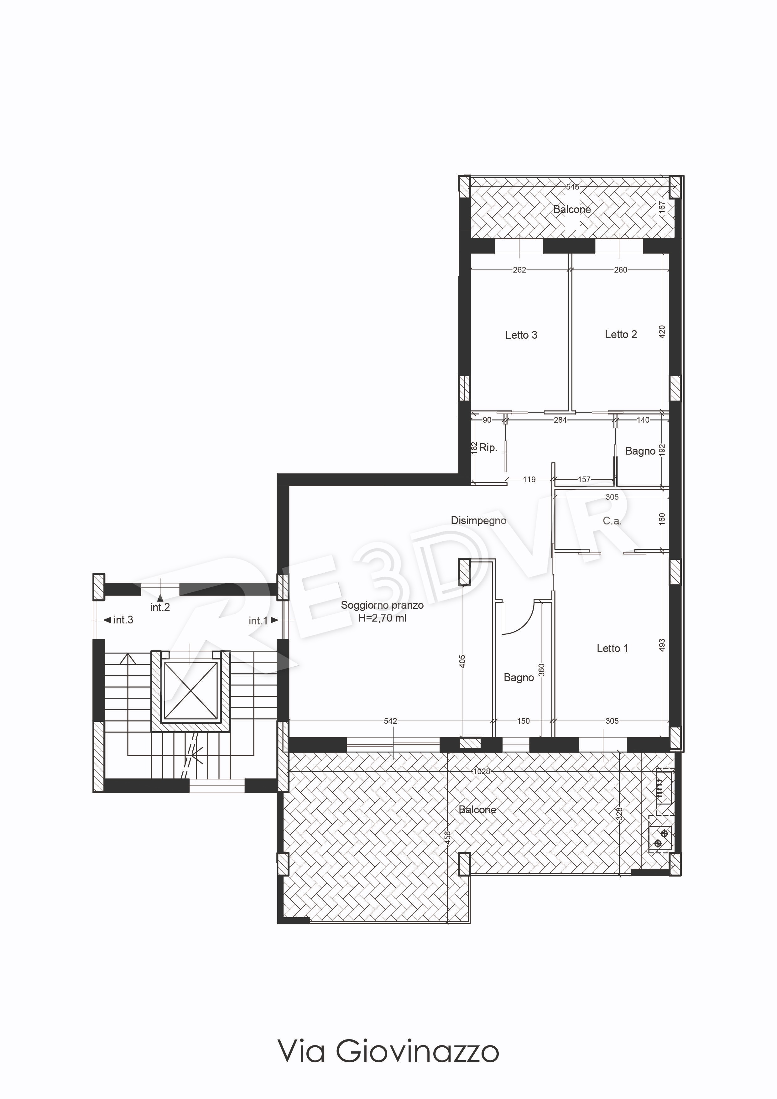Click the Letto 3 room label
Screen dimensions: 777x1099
(x=521, y=335)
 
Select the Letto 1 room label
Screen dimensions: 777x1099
(x=612, y=648)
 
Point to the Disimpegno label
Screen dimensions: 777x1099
(x=478, y=521)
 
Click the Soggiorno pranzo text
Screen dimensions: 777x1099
(x=382, y=605)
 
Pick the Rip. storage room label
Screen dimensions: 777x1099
(x=488, y=448)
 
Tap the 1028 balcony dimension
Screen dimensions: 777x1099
(x=482, y=771)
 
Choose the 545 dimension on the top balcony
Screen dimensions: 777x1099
(x=573, y=187)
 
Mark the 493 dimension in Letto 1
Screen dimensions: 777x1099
(x=662, y=645)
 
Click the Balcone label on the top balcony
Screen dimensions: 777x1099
(x=572, y=209)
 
